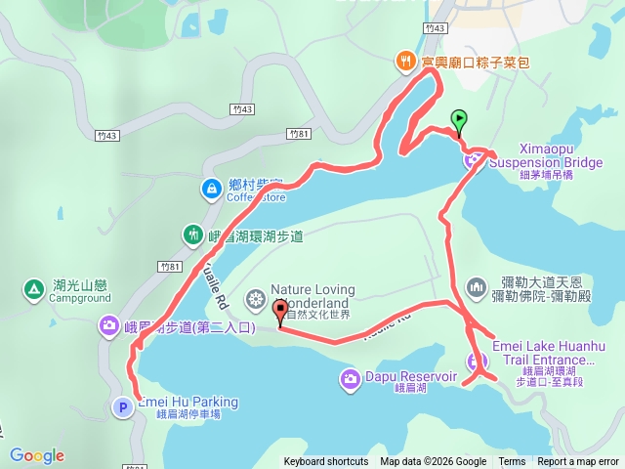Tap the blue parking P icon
(124, 407)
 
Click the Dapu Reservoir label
(411, 376)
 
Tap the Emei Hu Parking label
(187, 402)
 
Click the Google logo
(37, 455)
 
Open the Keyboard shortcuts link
(326, 462)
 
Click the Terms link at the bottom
(512, 462)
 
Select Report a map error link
(578, 462)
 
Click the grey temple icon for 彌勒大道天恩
(477, 286)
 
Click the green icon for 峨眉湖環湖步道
(191, 234)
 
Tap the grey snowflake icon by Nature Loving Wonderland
(255, 297)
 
